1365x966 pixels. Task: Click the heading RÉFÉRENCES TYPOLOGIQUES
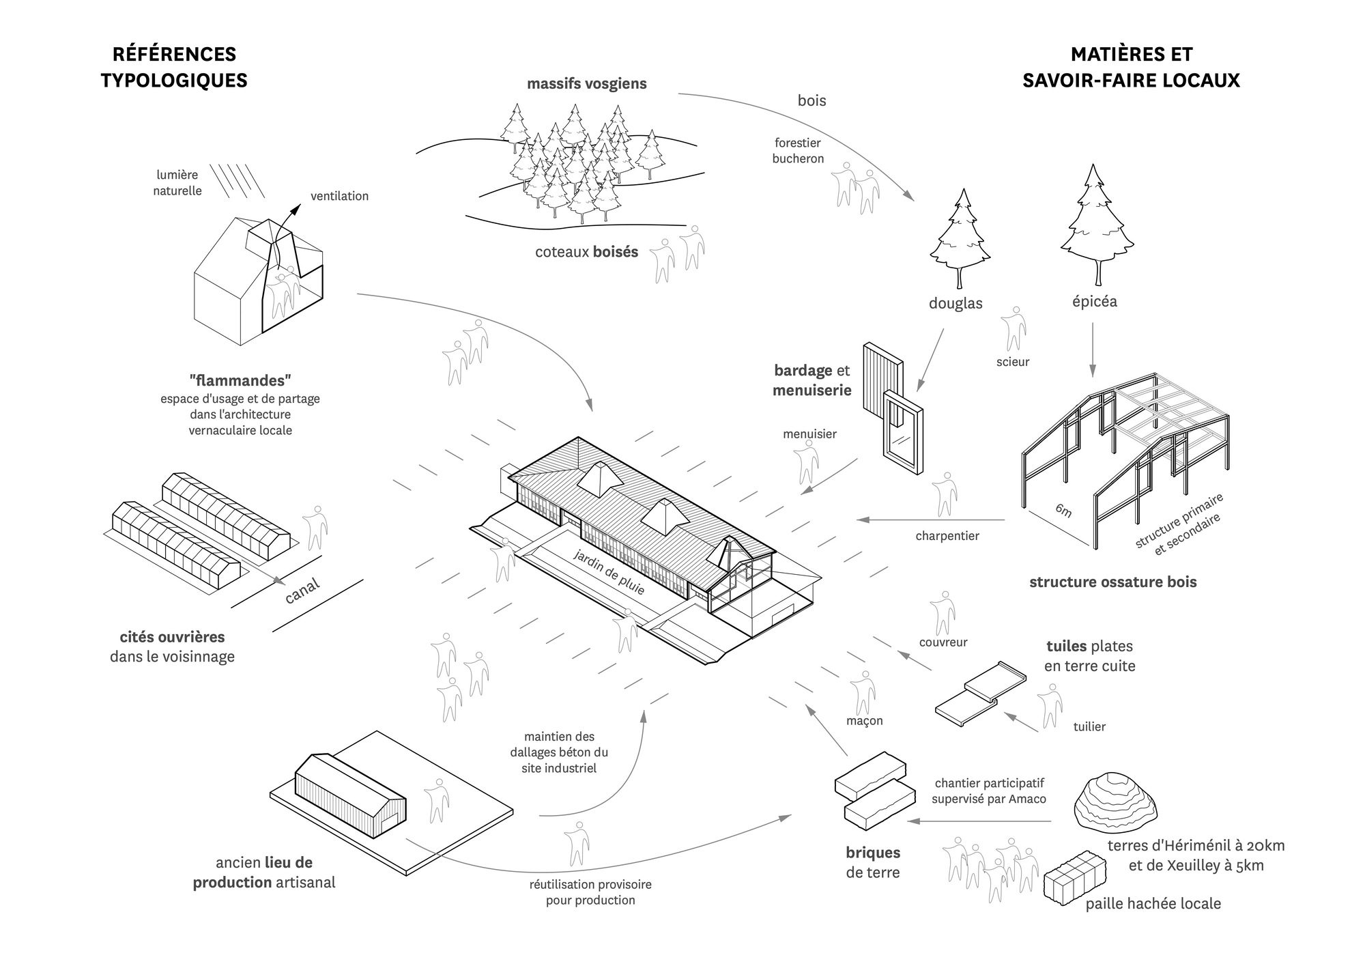point(174,67)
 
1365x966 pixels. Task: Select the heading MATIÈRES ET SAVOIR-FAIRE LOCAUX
point(1131,67)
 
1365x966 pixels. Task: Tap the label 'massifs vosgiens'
point(586,84)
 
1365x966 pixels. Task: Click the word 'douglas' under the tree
point(955,304)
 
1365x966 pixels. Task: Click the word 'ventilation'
point(339,196)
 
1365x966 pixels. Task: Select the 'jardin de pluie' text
point(609,572)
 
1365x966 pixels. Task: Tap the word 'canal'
point(302,591)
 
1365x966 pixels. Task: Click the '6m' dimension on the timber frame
point(1063,509)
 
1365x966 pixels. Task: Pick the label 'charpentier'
point(947,536)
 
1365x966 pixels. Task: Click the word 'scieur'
point(1013,362)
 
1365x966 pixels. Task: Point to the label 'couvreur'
point(943,642)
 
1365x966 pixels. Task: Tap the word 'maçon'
point(865,721)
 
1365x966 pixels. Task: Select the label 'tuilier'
point(1089,726)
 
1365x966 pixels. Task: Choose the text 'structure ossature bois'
point(1113,582)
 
